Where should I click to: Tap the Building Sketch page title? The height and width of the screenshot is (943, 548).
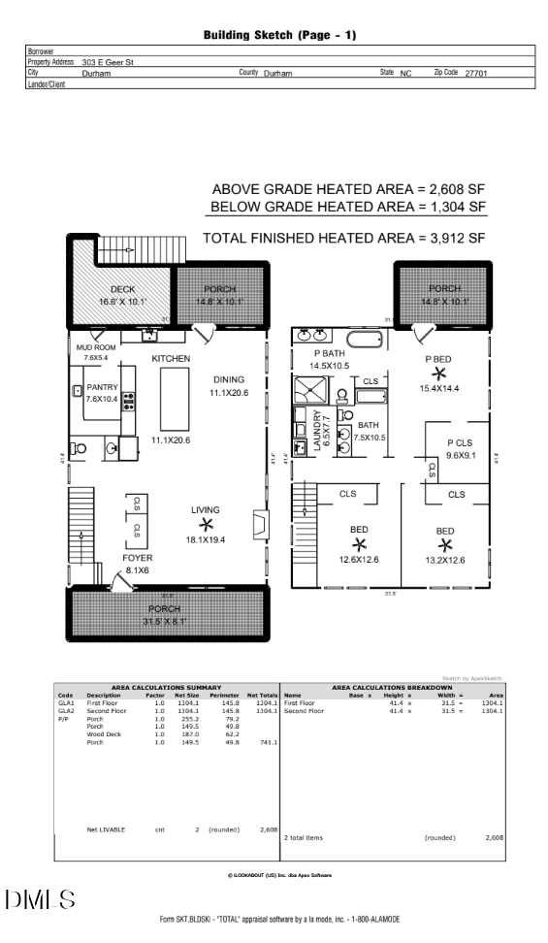pos(279,35)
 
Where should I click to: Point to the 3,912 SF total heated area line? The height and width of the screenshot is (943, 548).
pos(343,238)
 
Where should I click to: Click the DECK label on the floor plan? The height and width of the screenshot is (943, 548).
pos(121,289)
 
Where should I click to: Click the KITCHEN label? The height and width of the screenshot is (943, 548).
pos(171,359)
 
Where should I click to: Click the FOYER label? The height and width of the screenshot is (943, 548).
pos(137,558)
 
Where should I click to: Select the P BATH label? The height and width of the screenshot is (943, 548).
pos(328,353)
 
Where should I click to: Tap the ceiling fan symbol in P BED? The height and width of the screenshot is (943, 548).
pos(439,374)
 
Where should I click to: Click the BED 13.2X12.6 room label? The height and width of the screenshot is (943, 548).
pos(444,532)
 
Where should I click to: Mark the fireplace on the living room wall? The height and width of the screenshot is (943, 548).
pos(258,525)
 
